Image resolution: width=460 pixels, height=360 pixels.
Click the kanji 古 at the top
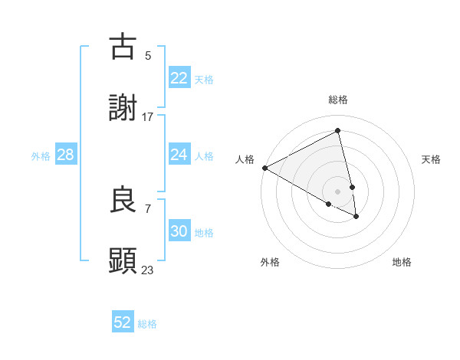coord(123,47)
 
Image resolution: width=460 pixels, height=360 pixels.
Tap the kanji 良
coord(123,200)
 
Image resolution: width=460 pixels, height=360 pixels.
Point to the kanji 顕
coord(123,261)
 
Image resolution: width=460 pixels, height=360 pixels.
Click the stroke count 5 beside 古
coord(148,55)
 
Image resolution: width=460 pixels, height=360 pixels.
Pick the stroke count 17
coord(148,116)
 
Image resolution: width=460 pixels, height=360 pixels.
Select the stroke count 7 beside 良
coord(148,208)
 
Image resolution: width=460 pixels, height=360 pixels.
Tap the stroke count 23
coord(148,270)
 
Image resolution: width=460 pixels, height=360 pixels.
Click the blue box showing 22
coord(179,78)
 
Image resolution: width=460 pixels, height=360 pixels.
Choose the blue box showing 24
coord(179,155)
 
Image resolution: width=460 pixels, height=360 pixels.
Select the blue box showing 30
coord(179,231)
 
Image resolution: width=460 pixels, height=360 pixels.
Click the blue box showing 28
coord(66,155)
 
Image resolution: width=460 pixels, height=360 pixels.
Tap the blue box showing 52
coord(123,322)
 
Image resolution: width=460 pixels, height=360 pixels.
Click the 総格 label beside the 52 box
coord(147,324)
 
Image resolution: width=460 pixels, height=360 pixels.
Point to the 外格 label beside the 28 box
coord(41,156)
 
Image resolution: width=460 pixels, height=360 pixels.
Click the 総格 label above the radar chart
coord(338,100)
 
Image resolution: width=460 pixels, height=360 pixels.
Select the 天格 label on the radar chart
coord(432,159)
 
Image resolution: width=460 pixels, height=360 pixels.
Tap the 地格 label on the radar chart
coord(402,262)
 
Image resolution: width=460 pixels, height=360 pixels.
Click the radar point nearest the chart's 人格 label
coord(264,168)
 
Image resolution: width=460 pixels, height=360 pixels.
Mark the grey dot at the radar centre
coord(338,191)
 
